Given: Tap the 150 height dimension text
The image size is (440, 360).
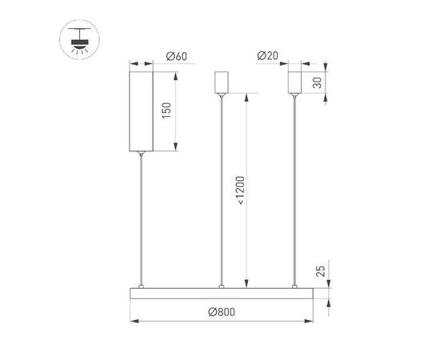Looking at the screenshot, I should pyautogui.click(x=166, y=110).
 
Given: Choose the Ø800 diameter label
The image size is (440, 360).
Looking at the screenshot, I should pyautogui.click(x=220, y=312).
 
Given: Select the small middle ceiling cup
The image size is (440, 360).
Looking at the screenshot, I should pyautogui.click(x=221, y=82).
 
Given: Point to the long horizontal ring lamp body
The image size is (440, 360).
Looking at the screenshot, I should pyautogui.click(x=220, y=294).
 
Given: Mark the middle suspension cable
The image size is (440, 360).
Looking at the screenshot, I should pyautogui.click(x=221, y=192).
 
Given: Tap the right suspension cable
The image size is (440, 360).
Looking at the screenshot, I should pyautogui.click(x=296, y=192).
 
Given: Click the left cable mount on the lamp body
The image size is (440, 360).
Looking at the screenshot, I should pyautogui.click(x=142, y=286).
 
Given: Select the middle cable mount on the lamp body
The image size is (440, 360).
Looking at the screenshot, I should pyautogui.click(x=221, y=286).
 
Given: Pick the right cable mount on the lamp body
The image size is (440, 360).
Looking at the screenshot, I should pyautogui.click(x=296, y=286).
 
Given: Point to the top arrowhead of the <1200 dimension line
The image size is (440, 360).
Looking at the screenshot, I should pyautogui.click(x=248, y=98).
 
